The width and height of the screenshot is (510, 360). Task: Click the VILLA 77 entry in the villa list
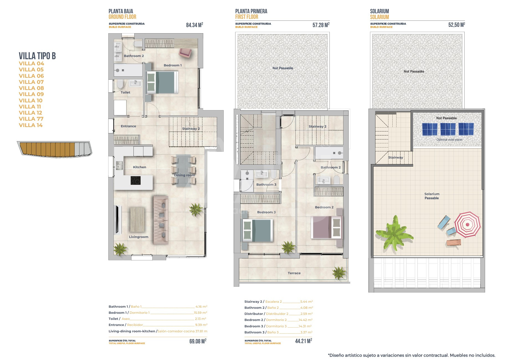31,119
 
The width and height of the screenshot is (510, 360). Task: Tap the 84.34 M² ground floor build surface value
194,25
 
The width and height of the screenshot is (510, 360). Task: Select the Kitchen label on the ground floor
140,167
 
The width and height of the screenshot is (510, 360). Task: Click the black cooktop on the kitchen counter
136,180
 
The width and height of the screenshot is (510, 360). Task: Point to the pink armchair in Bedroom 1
185,53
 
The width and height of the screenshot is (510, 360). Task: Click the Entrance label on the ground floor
128,126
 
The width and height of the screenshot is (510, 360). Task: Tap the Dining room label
184,175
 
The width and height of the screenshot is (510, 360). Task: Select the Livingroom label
139,237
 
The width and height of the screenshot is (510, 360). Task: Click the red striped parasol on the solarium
467,224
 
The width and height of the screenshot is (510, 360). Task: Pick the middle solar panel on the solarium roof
448,129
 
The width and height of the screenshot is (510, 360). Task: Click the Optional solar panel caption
449,140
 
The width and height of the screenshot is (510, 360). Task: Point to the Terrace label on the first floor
294,273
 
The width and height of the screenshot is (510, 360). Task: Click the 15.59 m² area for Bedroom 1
200,313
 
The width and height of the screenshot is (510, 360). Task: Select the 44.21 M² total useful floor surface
303,341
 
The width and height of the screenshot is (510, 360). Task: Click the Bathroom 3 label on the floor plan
266,185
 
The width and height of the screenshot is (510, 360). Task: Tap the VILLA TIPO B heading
37,56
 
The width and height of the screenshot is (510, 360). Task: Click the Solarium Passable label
432,196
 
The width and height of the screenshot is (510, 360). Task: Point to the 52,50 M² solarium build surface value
457,25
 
